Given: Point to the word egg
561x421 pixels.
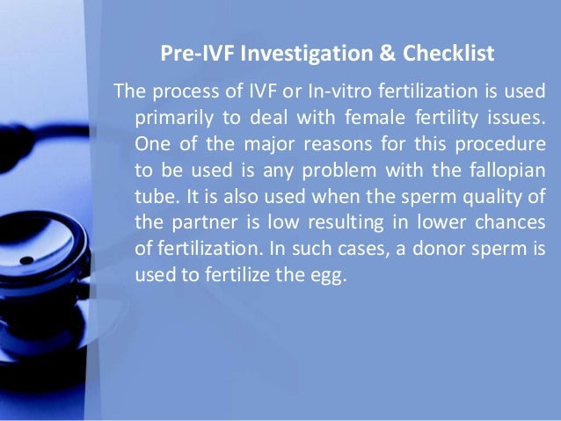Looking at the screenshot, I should pyautogui.click(x=330, y=273).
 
